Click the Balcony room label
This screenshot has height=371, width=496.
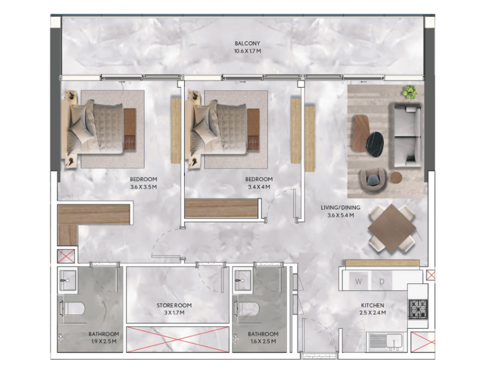pos(248,43)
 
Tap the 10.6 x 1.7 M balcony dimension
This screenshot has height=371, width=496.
pos(248,51)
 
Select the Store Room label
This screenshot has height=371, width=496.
pos(174,305)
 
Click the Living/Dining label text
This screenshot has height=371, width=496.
pos(341,207)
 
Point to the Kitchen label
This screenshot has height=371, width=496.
pos(372,305)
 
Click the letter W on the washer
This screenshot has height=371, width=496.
pos(358,281)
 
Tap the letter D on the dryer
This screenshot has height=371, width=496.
pos(382,281)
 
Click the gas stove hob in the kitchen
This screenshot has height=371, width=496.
pos(418,309)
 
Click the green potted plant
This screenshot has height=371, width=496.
pos(409,92)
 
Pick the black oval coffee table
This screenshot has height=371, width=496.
pos(375,144)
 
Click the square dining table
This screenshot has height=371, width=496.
pos(392,228)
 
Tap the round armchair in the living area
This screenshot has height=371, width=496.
pos(373,180)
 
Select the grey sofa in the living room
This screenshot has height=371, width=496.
pos(407,136)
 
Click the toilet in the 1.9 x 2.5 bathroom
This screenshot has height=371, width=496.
pos(73,309)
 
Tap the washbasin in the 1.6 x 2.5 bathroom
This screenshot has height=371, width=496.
pos(243,280)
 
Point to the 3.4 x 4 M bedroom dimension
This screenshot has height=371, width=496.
pos(259,187)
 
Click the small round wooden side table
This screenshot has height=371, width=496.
pos(396,178)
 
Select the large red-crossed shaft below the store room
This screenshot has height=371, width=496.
pos(177,340)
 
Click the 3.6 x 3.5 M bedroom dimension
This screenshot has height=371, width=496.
pos(143,187)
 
